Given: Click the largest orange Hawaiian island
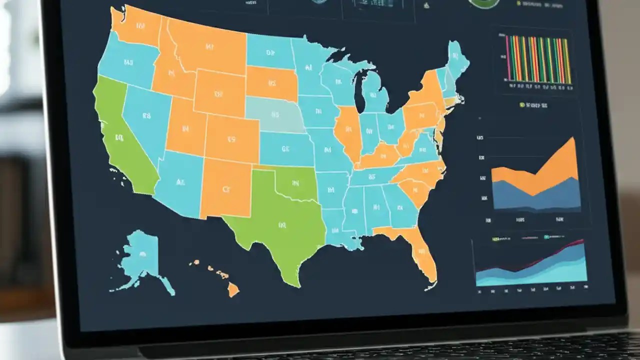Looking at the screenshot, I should [x=233, y=289].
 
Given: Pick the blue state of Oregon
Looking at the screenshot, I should [x=127, y=62].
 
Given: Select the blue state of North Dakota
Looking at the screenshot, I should [x=270, y=51].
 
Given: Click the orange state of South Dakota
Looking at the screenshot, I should [x=272, y=83].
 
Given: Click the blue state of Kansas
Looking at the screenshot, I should [x=285, y=148].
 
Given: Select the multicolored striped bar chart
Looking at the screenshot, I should [x=538, y=60].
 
